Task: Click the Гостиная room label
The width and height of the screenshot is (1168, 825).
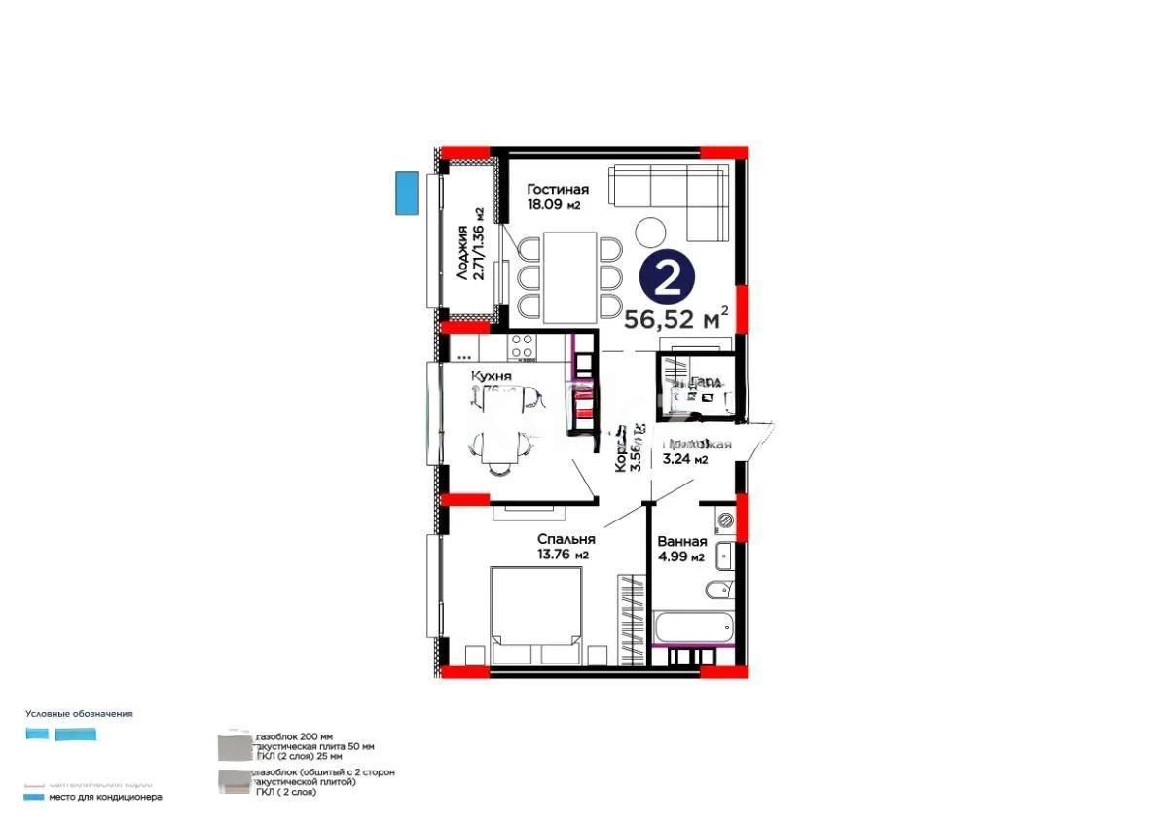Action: coord(558,190)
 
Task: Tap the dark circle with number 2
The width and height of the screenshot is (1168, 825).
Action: coord(667,278)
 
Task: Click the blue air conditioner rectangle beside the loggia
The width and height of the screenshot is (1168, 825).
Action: coord(406,193)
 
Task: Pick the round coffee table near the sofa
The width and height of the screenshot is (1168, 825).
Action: coord(650,232)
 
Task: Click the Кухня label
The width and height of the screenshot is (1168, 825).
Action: coord(492,376)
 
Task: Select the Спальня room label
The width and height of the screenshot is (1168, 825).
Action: coord(566,538)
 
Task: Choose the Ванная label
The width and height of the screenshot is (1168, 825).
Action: coord(681,542)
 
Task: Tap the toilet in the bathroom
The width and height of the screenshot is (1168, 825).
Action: coord(719,590)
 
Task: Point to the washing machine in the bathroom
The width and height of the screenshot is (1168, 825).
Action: coord(722,521)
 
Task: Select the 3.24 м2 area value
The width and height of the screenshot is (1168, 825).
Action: coord(685,460)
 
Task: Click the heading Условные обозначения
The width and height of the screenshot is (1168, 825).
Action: coord(79,713)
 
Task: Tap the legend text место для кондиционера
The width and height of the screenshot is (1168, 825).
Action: coord(106,797)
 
